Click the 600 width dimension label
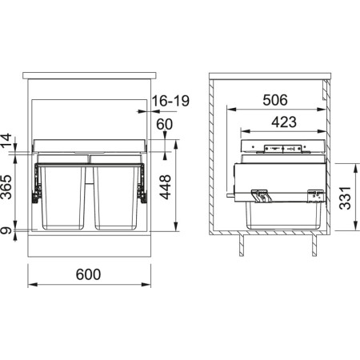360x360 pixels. point(88,274)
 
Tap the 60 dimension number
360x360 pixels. point(165,124)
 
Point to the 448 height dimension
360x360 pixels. point(166,189)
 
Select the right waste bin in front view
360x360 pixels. point(117,196)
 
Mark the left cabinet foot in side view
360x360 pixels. point(241,246)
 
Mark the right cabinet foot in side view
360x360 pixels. point(310,246)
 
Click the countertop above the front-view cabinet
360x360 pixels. point(88,75)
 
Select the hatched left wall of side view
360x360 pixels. point(213,160)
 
